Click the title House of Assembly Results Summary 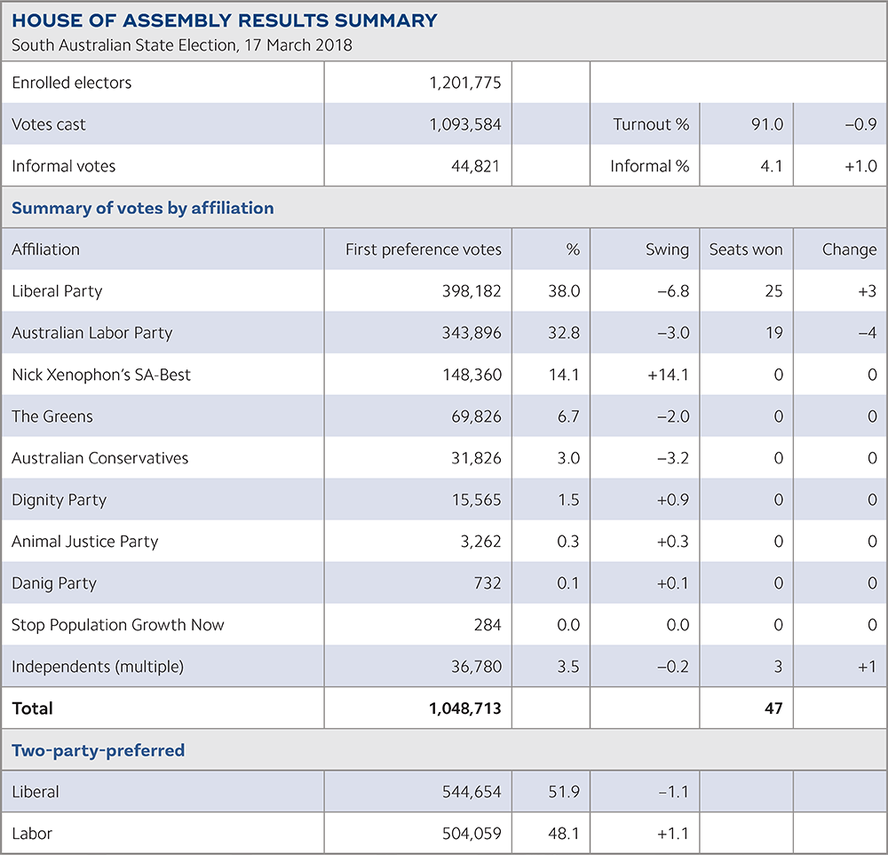coord(224,20)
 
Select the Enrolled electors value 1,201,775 coord(464,83)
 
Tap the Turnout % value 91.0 coord(766,124)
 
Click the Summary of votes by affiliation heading coord(142,208)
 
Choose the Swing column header coord(667,249)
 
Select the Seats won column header coord(746,249)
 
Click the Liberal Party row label coord(57,291)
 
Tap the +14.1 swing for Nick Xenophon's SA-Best coord(669,375)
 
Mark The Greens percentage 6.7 coord(567,416)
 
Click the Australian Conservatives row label coord(99,458)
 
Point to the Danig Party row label coord(54,583)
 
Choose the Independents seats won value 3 coord(778,667)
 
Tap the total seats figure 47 coord(773,709)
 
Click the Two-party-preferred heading coord(98,750)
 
